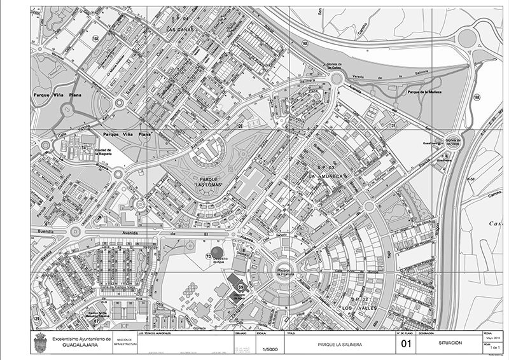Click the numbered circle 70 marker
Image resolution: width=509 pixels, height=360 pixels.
[x=209, y=256]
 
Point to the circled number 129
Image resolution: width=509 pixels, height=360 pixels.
[x=36, y=318]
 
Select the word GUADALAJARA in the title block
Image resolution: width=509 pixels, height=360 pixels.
[x=81, y=346]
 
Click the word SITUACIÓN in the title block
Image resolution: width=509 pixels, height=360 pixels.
[x=450, y=343]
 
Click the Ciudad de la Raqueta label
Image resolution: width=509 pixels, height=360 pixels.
[x=104, y=151]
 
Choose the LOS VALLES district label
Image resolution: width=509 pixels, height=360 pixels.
[x=356, y=308]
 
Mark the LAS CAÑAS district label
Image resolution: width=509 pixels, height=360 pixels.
[x=179, y=29]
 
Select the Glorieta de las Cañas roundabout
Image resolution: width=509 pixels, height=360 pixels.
[x=336, y=78]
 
